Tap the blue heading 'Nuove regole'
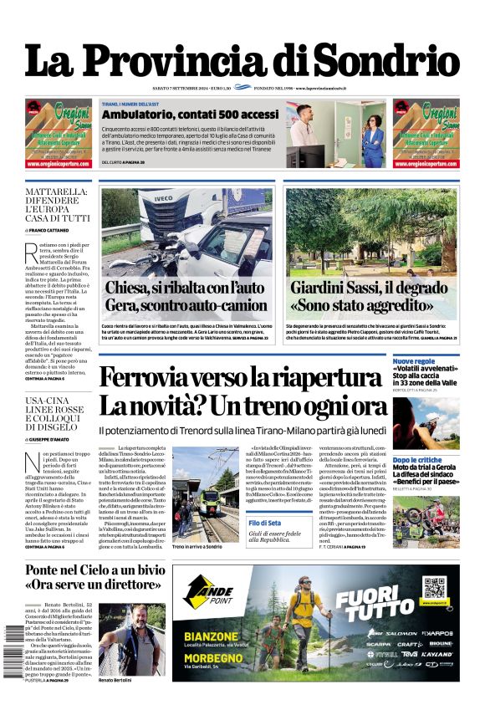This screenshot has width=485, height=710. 413,361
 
